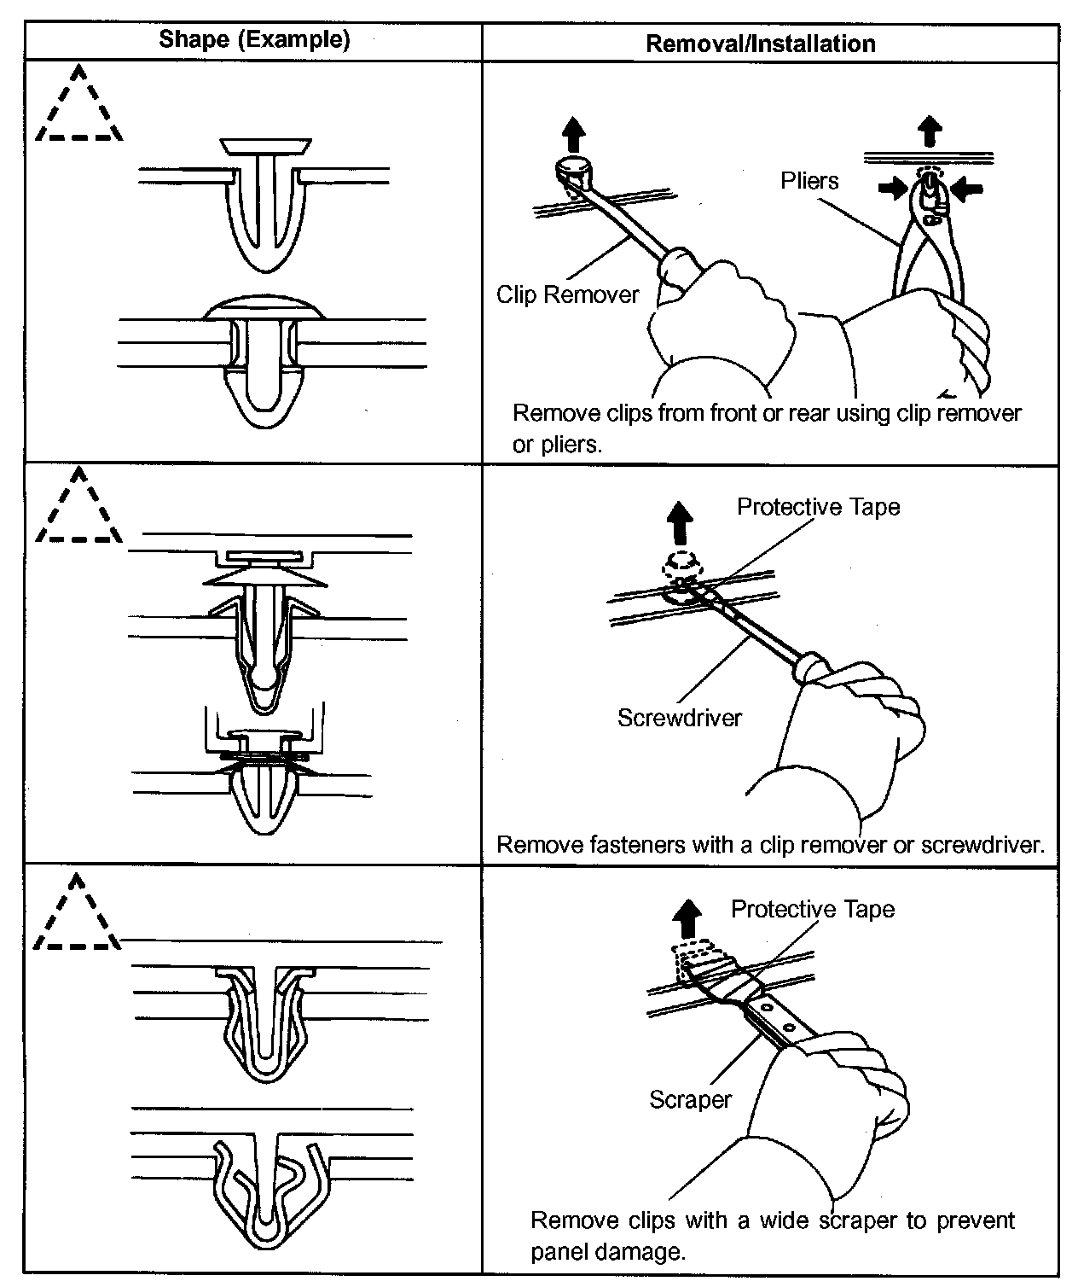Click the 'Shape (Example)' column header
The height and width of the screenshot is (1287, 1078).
click(254, 40)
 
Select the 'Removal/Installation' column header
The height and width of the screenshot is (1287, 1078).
click(760, 44)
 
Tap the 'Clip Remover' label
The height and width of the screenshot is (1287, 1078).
click(567, 295)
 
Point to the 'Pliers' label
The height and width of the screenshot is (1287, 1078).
click(809, 181)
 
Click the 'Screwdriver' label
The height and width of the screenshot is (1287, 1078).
click(679, 718)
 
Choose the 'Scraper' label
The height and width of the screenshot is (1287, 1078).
click(690, 1099)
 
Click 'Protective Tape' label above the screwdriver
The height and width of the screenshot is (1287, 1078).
click(818, 507)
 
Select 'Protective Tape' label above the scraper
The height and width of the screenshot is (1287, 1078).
click(812, 910)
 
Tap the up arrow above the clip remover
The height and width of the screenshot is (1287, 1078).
click(575, 135)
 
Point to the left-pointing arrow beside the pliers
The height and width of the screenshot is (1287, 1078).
click(966, 189)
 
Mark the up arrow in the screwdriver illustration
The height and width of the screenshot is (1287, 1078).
click(679, 522)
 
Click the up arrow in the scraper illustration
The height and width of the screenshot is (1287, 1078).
click(687, 921)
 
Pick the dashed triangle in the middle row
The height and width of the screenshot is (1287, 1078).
click(78, 510)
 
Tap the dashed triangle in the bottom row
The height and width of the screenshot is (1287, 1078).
click(77, 916)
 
